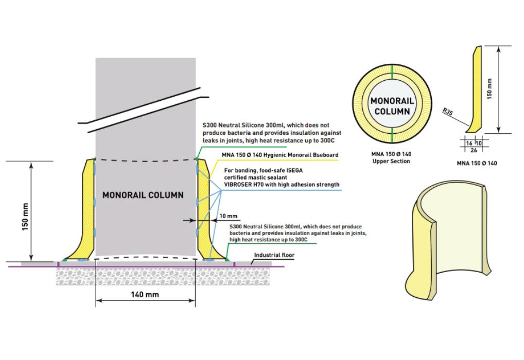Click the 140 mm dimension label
(x=145, y=295)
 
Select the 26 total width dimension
(x=474, y=151)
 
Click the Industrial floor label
(x=274, y=255)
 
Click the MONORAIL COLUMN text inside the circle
(x=392, y=106)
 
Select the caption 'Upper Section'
(x=391, y=161)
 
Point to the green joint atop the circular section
(x=392, y=71)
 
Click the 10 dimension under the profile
(x=479, y=143)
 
